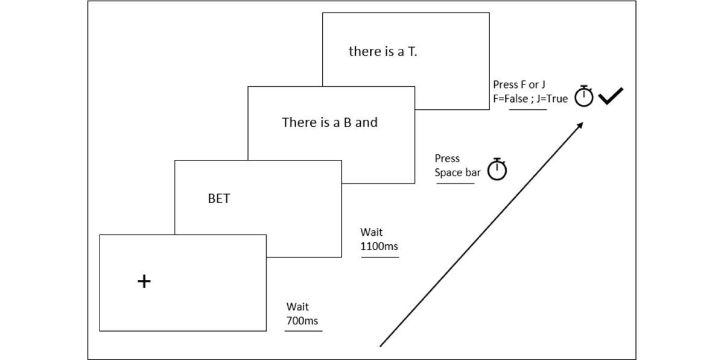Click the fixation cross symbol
click(144, 281)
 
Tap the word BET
click(219, 198)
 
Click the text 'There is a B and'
click(329, 122)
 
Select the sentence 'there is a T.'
click(383, 51)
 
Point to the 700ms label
click(302, 321)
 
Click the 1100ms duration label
click(379, 246)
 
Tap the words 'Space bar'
click(457, 172)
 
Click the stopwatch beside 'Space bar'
click(497, 169)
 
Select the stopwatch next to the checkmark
click(584, 96)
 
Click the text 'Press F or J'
click(519, 84)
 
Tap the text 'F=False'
click(510, 98)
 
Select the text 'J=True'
click(552, 98)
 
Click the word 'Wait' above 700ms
click(297, 306)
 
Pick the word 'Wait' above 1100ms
click(372, 232)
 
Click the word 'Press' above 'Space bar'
click(447, 159)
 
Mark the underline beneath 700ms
click(303, 331)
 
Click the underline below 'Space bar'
click(456, 183)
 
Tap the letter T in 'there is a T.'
click(411, 52)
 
